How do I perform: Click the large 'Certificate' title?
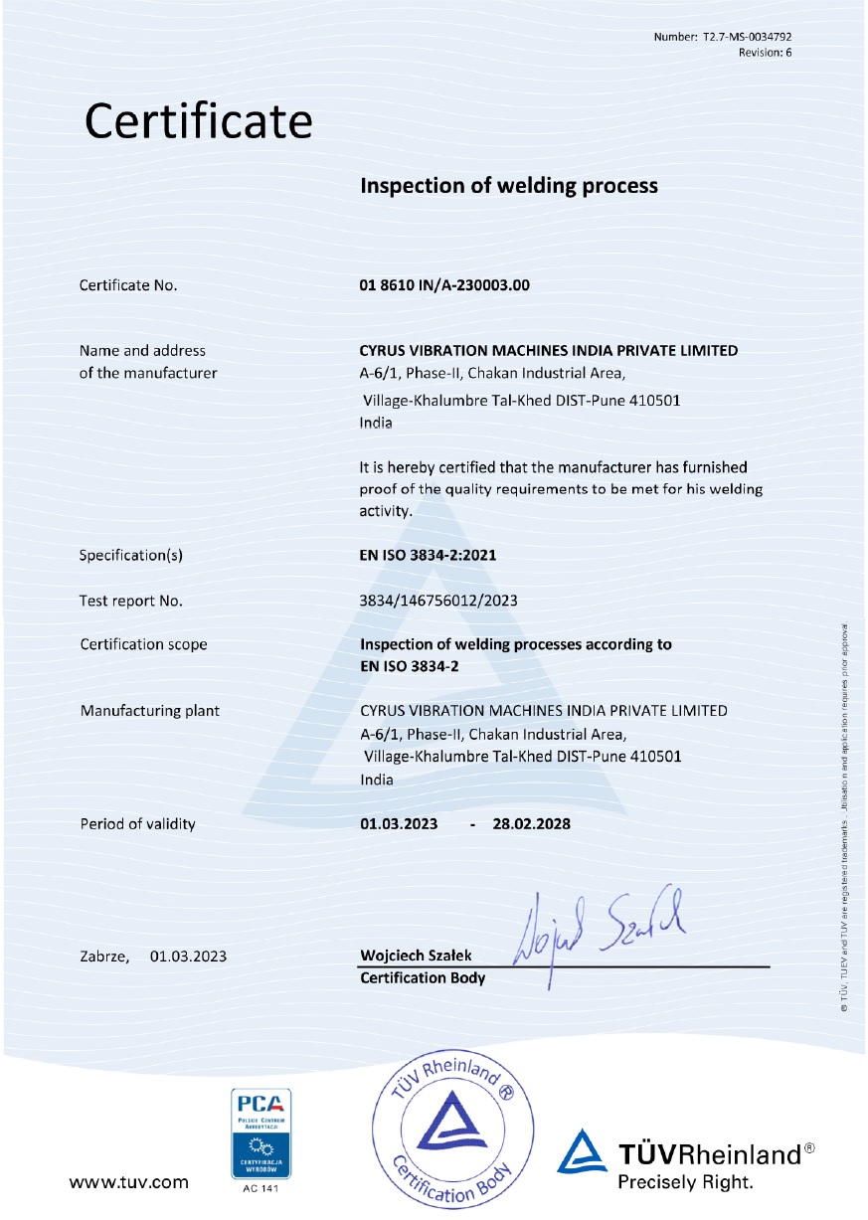coord(199,121)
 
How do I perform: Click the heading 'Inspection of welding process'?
coord(508,185)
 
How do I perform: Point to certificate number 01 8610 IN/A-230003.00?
coord(444,285)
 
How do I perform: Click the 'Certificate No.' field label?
coord(128,286)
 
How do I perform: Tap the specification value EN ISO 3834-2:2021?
coord(428,555)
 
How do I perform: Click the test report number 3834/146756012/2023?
coord(438,601)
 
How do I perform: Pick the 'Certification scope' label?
coord(143,644)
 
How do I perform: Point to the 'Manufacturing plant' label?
coord(149,711)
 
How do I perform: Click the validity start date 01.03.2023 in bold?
coord(399,824)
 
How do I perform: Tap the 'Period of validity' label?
coord(137,824)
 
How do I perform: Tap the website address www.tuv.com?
coord(128,1182)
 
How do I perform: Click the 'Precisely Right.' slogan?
coord(685,1182)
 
